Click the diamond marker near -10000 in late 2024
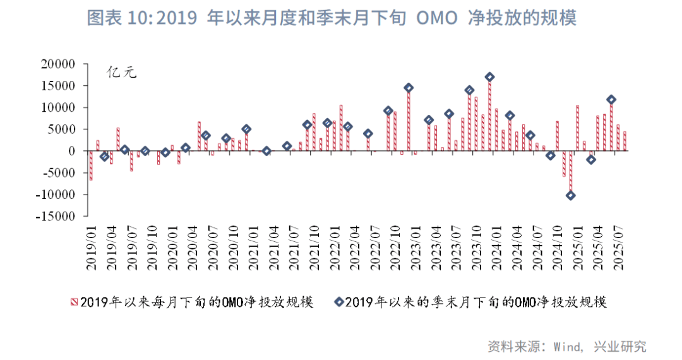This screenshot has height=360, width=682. point(570,195)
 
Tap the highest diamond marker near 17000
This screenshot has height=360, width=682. point(489,77)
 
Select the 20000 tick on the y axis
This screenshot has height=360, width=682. point(58,64)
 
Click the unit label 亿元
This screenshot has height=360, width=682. point(122,71)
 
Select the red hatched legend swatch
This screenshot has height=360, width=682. point(74,303)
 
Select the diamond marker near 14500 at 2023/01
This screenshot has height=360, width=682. point(409,88)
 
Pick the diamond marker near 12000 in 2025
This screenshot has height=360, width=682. point(611,99)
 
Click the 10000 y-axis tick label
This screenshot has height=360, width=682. point(58,107)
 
